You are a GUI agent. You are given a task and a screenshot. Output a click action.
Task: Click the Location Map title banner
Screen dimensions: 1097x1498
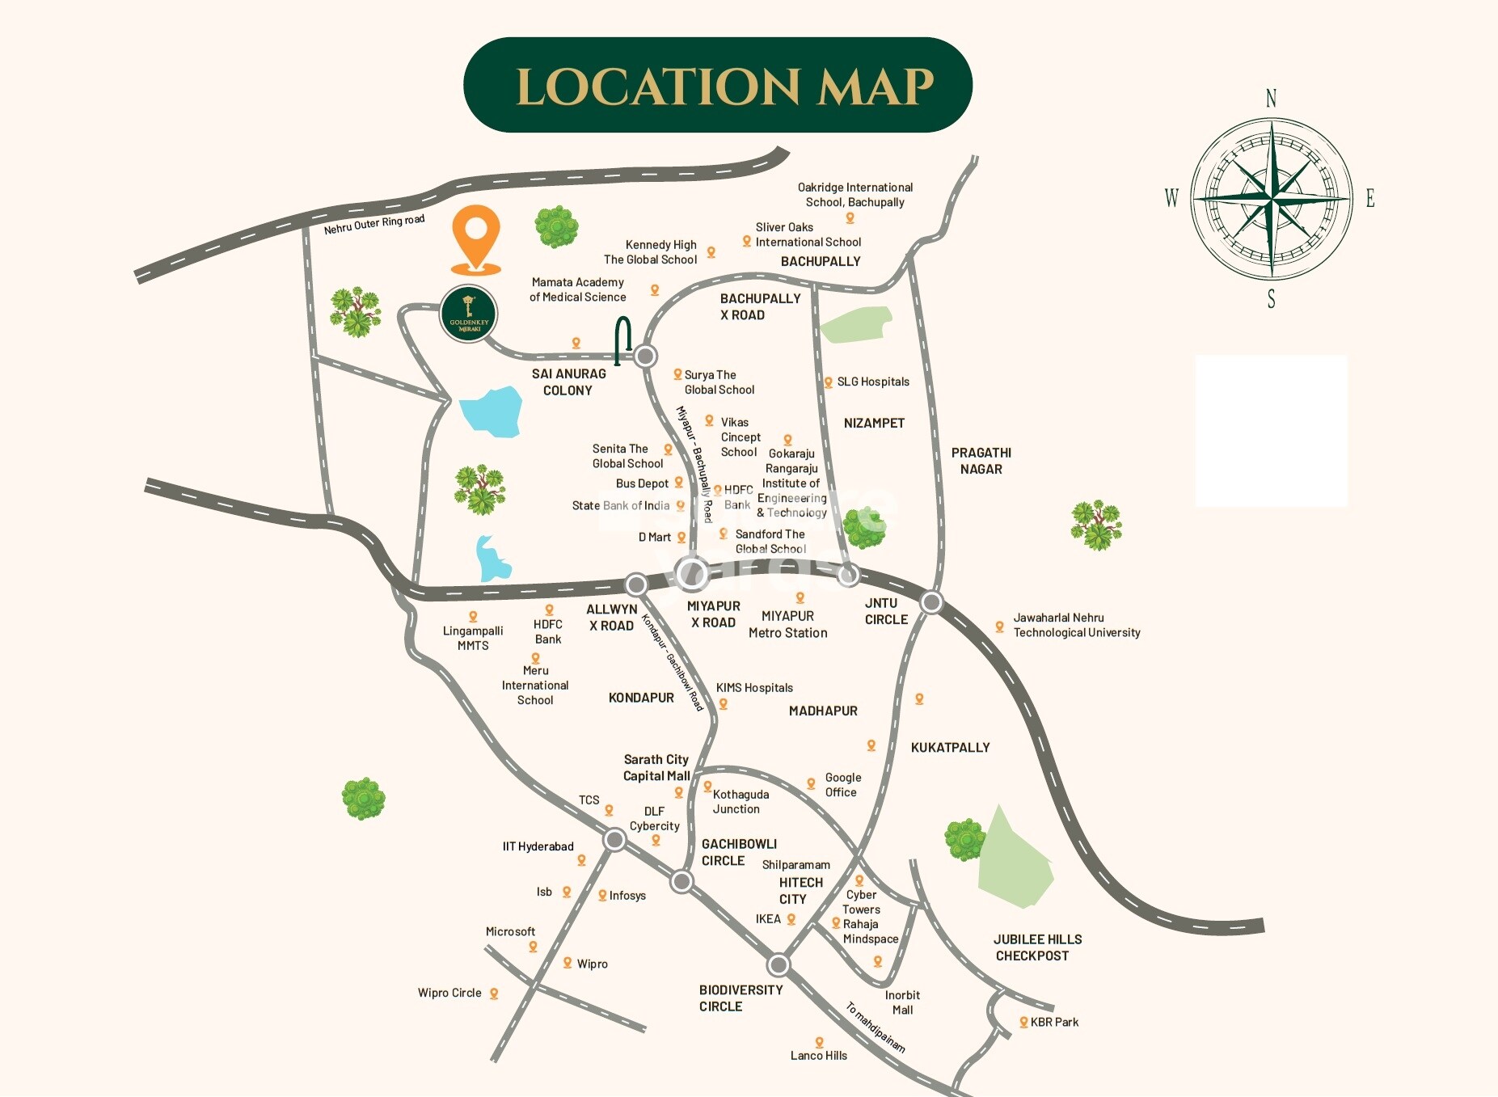(x=717, y=85)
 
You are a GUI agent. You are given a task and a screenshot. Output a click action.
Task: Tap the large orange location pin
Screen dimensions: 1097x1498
(x=475, y=237)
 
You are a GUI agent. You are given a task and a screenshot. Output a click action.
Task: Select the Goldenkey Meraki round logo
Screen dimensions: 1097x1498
(x=469, y=314)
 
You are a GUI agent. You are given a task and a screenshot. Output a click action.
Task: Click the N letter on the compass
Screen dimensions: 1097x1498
(x=1271, y=99)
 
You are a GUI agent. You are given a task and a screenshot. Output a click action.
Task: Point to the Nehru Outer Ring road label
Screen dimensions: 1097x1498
(x=374, y=224)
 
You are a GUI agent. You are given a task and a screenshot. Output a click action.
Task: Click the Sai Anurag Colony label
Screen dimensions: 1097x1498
(x=568, y=382)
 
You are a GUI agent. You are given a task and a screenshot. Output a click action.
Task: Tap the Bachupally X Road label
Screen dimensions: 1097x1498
(x=760, y=306)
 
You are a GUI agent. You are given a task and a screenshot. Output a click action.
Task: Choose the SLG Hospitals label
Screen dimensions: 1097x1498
(x=872, y=382)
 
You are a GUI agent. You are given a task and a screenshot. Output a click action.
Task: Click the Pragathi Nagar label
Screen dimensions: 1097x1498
(x=981, y=461)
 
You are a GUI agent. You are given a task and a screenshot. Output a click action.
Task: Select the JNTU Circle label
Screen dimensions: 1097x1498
(x=885, y=611)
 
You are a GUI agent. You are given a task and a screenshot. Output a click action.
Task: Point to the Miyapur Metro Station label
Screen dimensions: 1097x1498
(x=787, y=625)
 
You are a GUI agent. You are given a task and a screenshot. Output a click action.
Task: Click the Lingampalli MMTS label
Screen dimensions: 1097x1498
(x=473, y=638)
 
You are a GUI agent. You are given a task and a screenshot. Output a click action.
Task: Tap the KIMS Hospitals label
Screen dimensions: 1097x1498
(x=754, y=688)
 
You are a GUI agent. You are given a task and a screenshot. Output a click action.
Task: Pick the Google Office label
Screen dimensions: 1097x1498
(x=842, y=785)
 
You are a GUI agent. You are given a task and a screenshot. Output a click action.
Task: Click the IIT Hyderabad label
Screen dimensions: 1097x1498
(x=538, y=846)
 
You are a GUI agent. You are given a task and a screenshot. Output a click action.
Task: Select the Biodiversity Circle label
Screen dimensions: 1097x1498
(x=741, y=998)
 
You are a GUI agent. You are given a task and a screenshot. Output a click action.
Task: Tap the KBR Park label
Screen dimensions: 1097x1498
(x=1054, y=1022)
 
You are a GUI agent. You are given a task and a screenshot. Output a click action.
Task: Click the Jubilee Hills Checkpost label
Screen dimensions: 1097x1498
(x=1037, y=947)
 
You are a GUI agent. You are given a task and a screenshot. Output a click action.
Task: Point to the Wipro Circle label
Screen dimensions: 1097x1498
(x=449, y=993)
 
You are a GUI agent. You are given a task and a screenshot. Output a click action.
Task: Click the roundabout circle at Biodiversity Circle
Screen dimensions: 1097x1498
(x=779, y=964)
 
